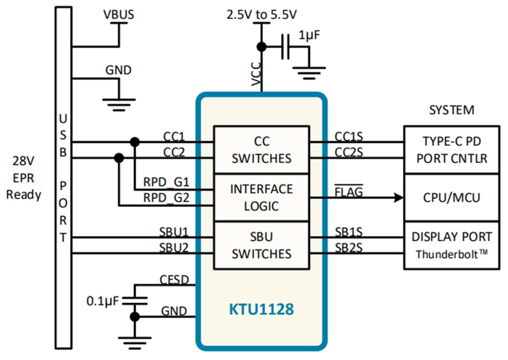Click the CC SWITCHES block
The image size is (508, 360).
click(261, 150)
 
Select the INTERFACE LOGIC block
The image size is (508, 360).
click(261, 197)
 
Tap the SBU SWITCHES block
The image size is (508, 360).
click(261, 245)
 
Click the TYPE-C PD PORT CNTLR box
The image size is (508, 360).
click(452, 150)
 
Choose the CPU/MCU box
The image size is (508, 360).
click(452, 197)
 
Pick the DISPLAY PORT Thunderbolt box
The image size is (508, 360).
click(452, 245)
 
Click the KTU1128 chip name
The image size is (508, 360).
click(261, 310)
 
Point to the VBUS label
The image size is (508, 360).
click(118, 15)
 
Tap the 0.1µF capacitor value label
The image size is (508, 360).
click(102, 301)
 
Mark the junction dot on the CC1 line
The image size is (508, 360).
click(135, 142)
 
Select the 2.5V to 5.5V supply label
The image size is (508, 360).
click(261, 15)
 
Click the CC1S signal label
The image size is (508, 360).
click(348, 136)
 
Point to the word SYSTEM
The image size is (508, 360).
click(452, 110)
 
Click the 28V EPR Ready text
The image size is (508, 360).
click(24, 178)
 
